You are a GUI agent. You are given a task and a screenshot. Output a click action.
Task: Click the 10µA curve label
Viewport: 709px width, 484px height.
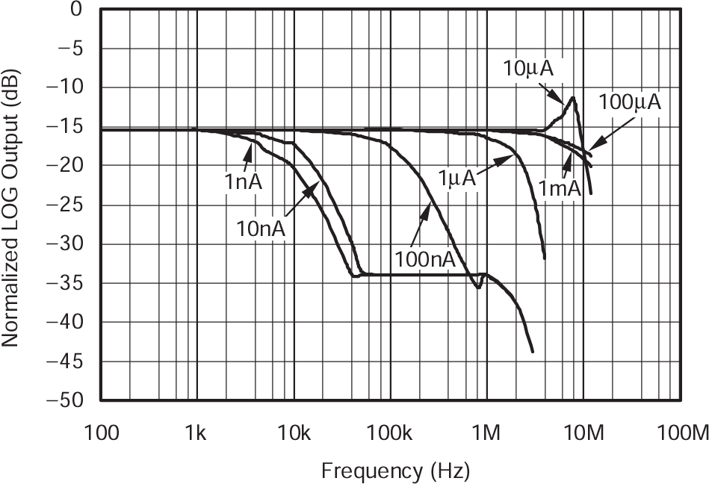[x=528, y=69]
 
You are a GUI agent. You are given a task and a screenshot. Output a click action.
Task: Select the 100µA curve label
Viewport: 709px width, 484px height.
[x=631, y=103]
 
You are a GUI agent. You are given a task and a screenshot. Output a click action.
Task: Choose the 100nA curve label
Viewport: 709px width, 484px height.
[x=424, y=259]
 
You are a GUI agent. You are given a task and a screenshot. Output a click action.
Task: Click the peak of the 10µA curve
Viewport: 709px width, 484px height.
[x=573, y=98]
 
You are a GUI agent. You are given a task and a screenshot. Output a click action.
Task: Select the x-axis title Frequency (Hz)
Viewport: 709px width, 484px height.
[x=395, y=471]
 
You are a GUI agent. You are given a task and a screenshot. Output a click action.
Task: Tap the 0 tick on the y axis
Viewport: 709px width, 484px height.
[x=76, y=10]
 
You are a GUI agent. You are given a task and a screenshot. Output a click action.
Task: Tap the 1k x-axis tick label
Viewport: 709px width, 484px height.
[x=197, y=432]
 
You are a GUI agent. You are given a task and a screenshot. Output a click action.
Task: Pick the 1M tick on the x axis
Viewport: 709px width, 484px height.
[x=486, y=432]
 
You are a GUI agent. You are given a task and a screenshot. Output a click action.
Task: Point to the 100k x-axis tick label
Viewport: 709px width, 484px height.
[x=390, y=432]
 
